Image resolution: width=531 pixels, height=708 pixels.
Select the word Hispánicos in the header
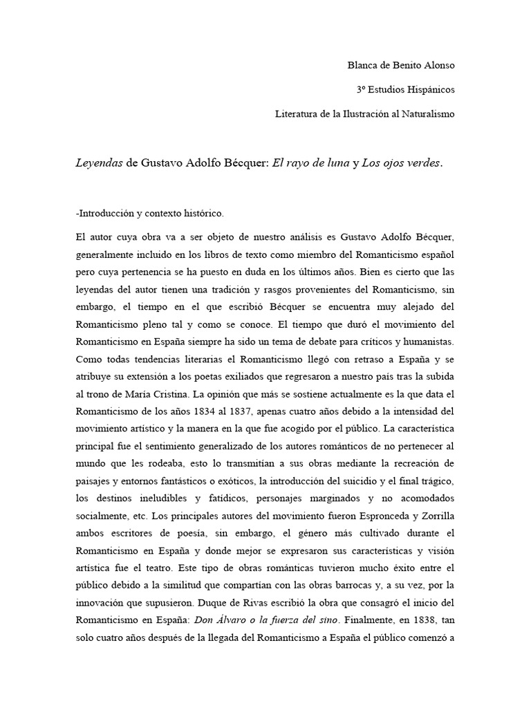click(431, 90)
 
